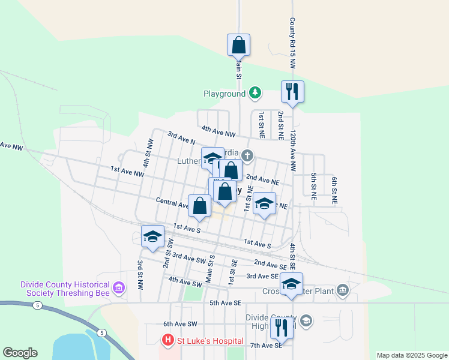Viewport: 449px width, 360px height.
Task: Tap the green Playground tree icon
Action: (x=255, y=93)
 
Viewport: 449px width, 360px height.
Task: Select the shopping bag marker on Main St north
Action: (x=238, y=45)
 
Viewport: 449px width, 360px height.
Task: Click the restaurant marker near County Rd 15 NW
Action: (x=292, y=92)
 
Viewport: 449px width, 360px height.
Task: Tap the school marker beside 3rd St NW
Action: (x=153, y=236)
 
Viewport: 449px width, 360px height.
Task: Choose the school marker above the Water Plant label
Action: (x=292, y=284)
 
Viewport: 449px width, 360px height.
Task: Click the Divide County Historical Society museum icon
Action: (x=118, y=289)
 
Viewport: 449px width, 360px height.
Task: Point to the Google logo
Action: (x=20, y=353)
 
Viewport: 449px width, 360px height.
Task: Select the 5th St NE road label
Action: (x=313, y=185)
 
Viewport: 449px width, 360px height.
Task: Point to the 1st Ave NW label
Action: (x=127, y=172)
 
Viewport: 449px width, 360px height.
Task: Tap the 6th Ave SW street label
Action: (x=181, y=323)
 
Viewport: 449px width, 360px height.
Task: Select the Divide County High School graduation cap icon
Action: (x=306, y=321)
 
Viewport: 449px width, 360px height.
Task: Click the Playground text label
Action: (x=224, y=94)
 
